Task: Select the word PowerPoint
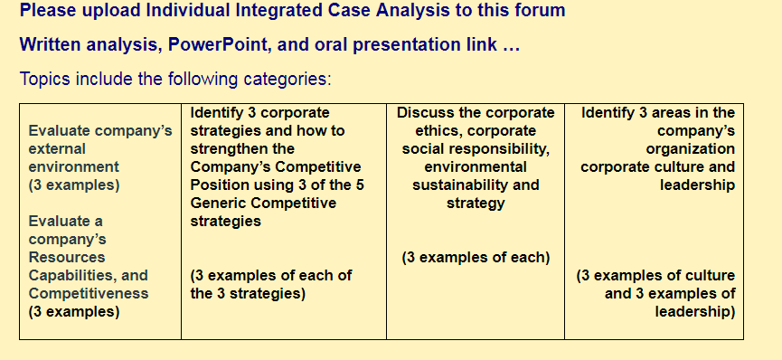(x=218, y=45)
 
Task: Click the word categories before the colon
(x=285, y=80)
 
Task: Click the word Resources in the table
(x=67, y=257)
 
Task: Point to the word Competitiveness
(x=89, y=293)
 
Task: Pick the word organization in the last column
(x=690, y=148)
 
